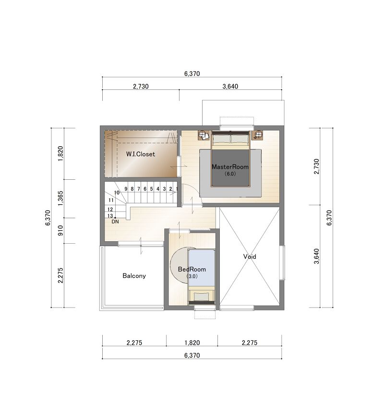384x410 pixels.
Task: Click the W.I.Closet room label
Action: [141, 154]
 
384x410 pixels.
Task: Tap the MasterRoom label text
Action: [230, 167]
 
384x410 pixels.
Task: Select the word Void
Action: [250, 257]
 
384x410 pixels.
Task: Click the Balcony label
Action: [134, 275]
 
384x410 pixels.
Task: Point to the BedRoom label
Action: [192, 269]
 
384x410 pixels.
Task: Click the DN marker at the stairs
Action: [115, 222]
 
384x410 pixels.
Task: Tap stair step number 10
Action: [117, 192]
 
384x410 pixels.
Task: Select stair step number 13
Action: [110, 216]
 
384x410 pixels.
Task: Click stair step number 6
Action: [145, 189]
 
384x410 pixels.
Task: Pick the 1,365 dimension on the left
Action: [60, 198]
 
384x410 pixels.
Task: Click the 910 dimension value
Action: [60, 230]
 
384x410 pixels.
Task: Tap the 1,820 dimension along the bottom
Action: [192, 343]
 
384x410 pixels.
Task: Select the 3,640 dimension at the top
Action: [230, 87]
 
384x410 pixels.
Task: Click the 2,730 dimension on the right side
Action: [316, 166]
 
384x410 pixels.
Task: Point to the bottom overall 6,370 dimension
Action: [192, 355]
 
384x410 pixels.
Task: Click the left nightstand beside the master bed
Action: [204, 135]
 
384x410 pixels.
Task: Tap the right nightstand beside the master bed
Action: [258, 135]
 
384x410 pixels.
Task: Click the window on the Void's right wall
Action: [282, 262]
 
